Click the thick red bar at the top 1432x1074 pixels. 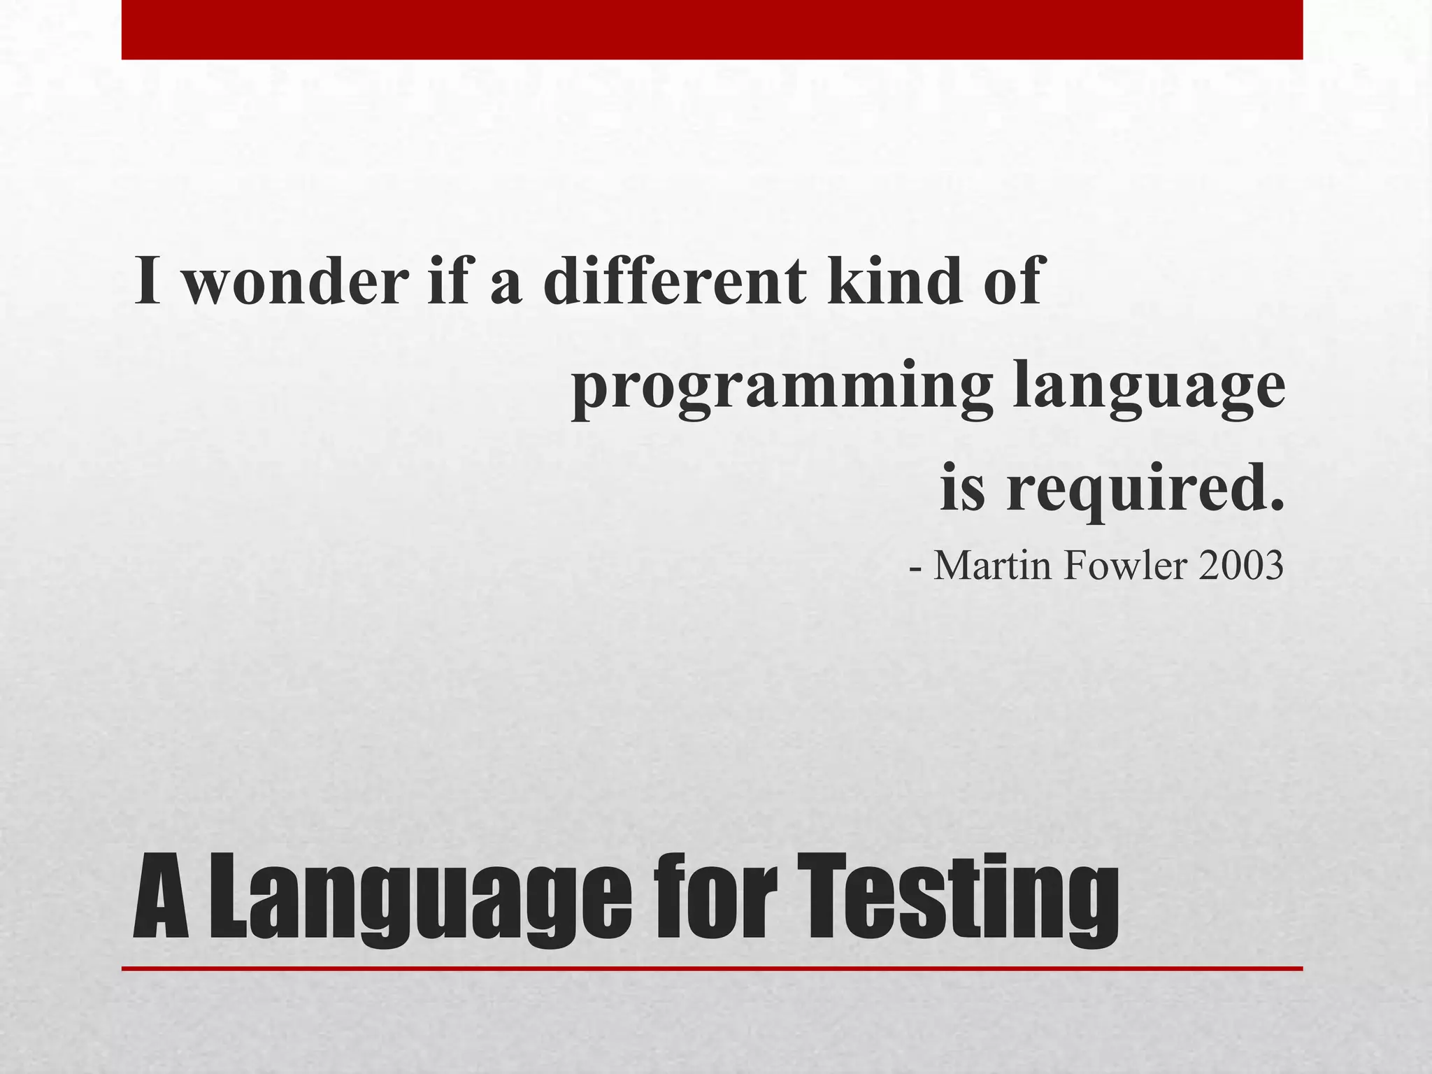tap(712, 29)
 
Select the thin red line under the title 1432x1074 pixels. tap(712, 968)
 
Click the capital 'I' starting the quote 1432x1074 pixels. tap(148, 281)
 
